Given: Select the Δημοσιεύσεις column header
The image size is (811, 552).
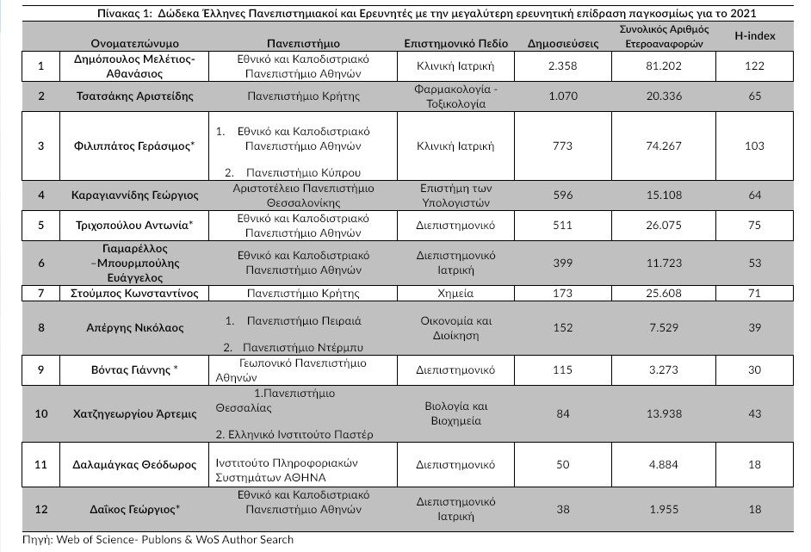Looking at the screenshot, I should click(561, 43).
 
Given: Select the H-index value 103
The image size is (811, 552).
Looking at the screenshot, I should click(754, 146).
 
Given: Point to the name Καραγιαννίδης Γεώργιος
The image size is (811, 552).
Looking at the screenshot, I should click(134, 195).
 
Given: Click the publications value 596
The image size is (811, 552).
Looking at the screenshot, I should click(563, 195).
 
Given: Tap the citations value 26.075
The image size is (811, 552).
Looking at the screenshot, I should click(662, 226).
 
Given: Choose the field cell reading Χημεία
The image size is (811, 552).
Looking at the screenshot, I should click(456, 294).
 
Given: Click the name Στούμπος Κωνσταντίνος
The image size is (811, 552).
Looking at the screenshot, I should click(134, 294).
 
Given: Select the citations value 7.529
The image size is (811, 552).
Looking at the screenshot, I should click(662, 328).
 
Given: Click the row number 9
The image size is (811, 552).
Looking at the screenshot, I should click(40, 370).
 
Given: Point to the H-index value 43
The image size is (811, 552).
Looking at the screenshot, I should click(754, 414).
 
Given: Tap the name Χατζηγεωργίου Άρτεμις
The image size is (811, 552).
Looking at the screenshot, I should click(134, 414).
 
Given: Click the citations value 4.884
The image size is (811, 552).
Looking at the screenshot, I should click(662, 465).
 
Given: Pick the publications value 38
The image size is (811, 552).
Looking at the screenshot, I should click(563, 509).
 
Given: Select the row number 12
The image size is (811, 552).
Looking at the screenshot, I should click(40, 509).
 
